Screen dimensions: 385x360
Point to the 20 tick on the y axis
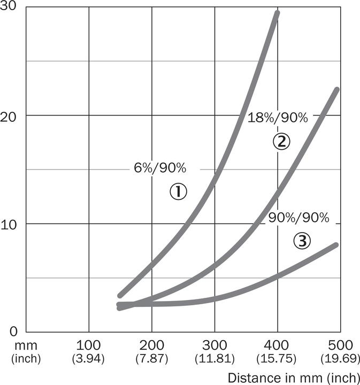pos(9,115)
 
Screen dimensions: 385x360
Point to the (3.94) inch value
pos(88,357)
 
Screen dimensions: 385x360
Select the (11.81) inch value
pos(215,357)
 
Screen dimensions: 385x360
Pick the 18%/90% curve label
pos(278,118)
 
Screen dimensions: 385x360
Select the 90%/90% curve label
pos(298,218)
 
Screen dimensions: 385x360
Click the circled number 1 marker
pos(179,191)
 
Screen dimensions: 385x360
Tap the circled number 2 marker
pos(281,141)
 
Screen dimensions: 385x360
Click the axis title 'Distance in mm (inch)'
pos(294,377)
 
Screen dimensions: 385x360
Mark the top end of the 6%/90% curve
pos(277,12)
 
